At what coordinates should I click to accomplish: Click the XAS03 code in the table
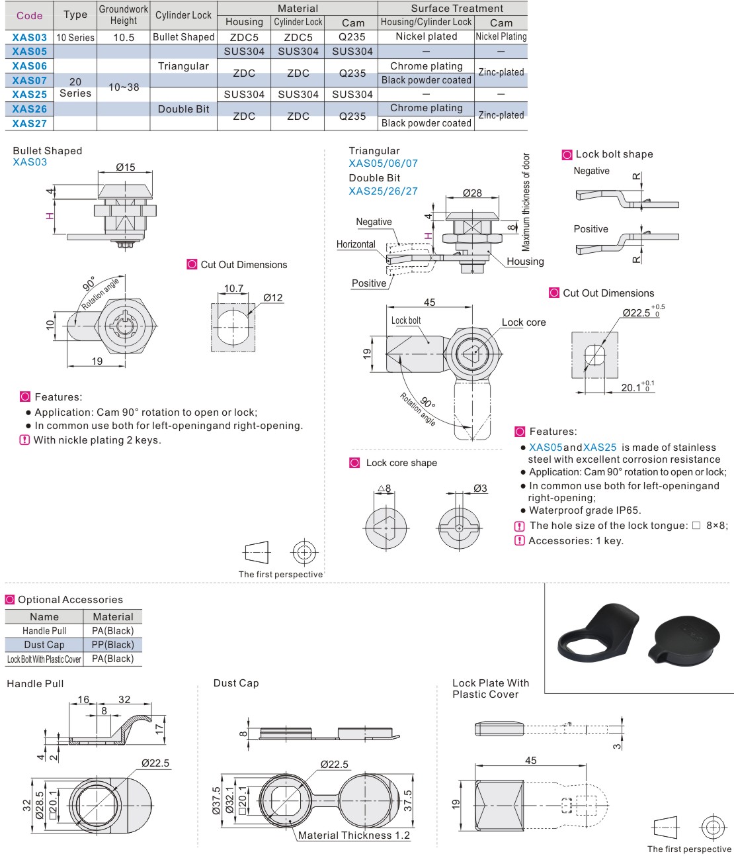pos(30,38)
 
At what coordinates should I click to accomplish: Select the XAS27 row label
pos(30,123)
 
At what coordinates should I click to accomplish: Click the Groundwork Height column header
pos(124,15)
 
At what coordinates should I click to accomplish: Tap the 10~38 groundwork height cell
pos(124,87)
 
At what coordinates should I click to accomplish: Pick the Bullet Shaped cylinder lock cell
pos(183,37)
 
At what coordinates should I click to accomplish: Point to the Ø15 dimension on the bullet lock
pos(126,167)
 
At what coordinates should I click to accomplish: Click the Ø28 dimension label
pos(472,193)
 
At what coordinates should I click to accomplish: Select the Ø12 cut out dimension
pos(272,298)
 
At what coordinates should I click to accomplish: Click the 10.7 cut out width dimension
pos(233,289)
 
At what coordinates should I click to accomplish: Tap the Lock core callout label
pos(524,322)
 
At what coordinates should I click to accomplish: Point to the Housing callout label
pos(525,262)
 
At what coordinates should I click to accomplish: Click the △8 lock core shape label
pos(384,489)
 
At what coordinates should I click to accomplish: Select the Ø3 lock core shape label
pos(480,489)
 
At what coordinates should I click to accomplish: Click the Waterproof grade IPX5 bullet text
pos(585,510)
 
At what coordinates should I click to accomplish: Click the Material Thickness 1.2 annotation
pos(354,835)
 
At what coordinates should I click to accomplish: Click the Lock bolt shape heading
pos(614,154)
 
